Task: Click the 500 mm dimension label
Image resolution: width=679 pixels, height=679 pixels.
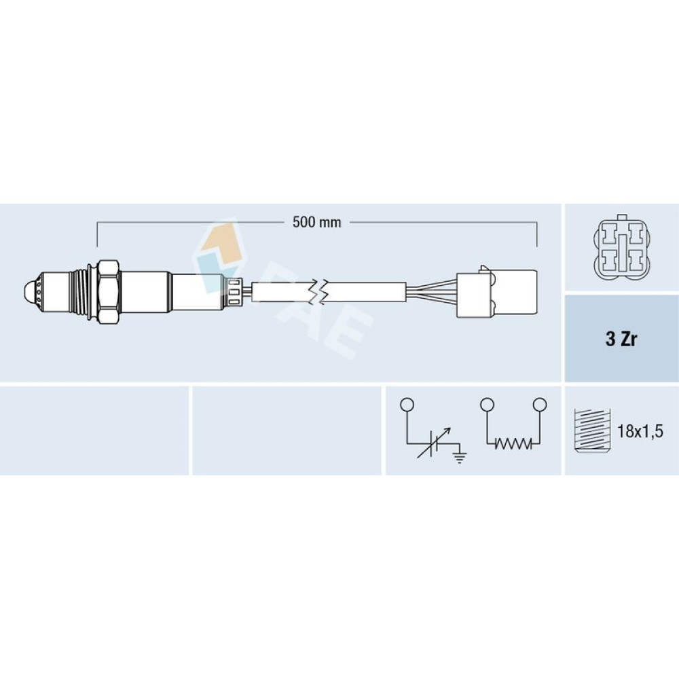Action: click(316, 222)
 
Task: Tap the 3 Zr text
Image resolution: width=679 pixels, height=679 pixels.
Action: click(621, 339)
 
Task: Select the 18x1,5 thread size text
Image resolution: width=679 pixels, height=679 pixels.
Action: click(640, 431)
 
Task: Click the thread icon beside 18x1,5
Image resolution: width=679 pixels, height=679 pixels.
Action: click(591, 431)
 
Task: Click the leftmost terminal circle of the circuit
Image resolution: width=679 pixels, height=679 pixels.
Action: click(407, 405)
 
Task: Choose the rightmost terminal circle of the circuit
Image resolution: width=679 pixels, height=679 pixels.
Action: click(540, 405)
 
